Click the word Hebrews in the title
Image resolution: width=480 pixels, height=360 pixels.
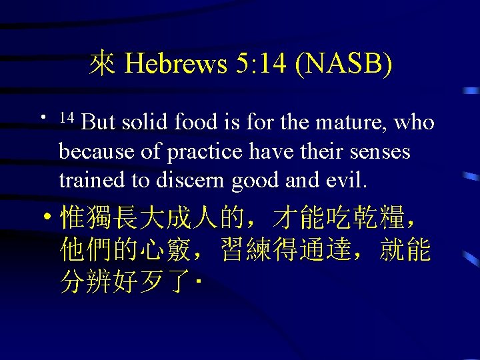tap(176, 64)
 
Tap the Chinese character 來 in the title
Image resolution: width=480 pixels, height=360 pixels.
tap(103, 64)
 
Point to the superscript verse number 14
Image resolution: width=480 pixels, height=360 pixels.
tap(65, 118)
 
